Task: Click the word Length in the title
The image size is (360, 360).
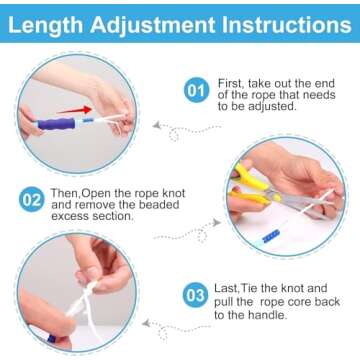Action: click(x=46, y=24)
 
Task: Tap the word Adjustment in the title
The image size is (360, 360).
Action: click(x=152, y=25)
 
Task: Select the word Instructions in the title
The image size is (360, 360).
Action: click(x=286, y=24)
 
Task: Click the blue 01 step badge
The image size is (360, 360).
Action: click(x=196, y=90)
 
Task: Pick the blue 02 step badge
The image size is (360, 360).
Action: click(x=32, y=200)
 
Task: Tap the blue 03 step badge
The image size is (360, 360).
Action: click(x=195, y=295)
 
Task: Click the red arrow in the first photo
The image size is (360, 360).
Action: click(x=74, y=110)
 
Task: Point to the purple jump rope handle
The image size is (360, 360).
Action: click(x=56, y=124)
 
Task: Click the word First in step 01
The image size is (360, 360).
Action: click(x=231, y=83)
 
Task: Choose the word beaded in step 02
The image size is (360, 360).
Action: click(x=159, y=204)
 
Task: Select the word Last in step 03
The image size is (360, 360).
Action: click(x=227, y=288)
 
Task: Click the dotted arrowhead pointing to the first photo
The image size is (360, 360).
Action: click(x=156, y=126)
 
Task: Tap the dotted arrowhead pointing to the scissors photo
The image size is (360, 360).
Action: click(x=217, y=222)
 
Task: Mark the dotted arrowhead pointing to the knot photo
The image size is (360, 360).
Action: click(x=146, y=323)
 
